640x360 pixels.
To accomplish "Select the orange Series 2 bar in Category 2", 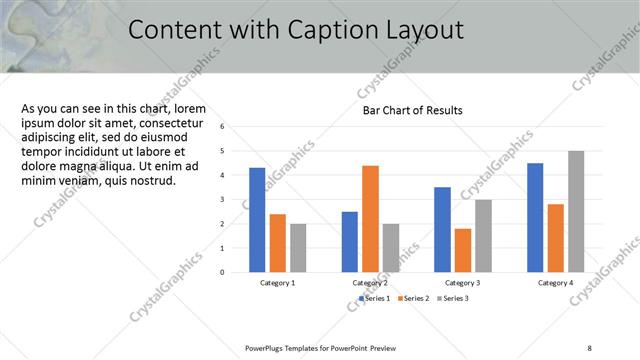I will pos(370,219).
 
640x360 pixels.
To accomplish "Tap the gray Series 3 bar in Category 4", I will pos(576,211).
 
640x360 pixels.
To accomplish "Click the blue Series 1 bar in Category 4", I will pos(535,217).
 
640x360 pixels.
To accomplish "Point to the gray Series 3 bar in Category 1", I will pos(298,248).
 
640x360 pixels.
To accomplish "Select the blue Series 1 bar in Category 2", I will pos(349,242).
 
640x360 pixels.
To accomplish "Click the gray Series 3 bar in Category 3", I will pos(483,236).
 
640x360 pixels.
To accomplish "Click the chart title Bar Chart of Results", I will pos(412,110).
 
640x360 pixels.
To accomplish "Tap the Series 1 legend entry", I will pos(376,298).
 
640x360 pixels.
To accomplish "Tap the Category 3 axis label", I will pos(463,283).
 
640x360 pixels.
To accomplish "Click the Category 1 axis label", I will pos(277,283).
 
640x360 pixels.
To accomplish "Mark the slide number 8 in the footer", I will pos(589,347).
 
